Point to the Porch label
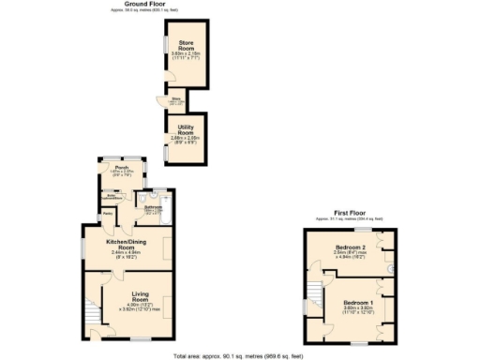pyautogui.click(x=122, y=168)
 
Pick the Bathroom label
pyautogui.click(x=154, y=206)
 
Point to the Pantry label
pyautogui.click(x=108, y=214)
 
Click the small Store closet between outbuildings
pyautogui.click(x=176, y=99)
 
